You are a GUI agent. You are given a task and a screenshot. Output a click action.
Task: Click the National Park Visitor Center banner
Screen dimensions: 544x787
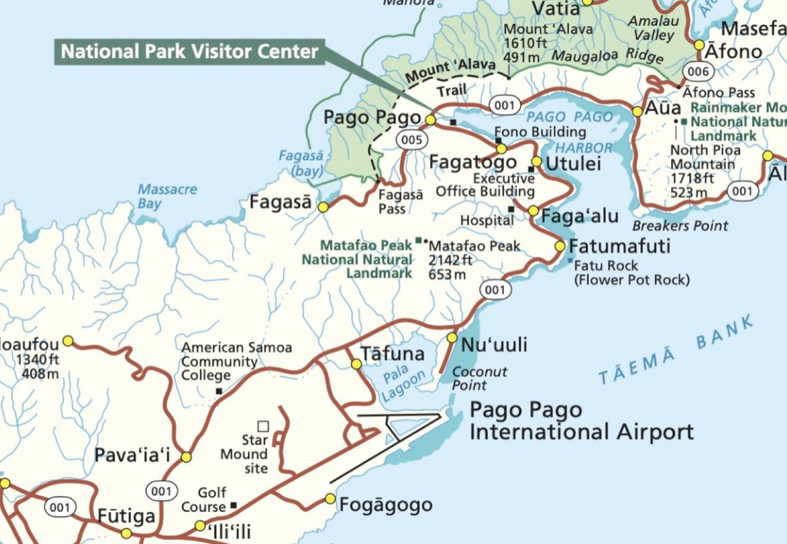(190, 52)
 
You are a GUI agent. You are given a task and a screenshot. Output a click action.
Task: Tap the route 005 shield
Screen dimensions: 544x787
(411, 140)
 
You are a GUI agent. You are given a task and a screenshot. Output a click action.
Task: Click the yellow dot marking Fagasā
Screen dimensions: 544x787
(323, 207)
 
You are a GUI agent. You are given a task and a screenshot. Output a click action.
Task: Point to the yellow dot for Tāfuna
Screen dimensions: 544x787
(356, 364)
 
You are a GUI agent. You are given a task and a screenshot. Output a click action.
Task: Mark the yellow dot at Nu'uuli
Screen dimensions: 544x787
(452, 337)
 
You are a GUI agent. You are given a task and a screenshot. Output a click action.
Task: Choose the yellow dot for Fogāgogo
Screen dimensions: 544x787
(330, 499)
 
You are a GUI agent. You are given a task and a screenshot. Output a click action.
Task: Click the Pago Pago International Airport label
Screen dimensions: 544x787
(581, 421)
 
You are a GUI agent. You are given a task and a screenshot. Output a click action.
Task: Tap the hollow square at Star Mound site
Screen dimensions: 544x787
(263, 426)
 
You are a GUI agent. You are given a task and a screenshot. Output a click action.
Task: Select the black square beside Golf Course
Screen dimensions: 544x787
(233, 506)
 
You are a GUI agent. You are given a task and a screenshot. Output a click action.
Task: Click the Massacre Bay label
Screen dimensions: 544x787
(167, 196)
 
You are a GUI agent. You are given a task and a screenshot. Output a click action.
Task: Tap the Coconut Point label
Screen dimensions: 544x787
(479, 378)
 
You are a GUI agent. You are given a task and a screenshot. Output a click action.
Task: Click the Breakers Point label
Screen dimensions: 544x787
(679, 226)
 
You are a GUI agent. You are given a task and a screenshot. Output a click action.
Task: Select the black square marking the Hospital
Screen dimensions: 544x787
(511, 209)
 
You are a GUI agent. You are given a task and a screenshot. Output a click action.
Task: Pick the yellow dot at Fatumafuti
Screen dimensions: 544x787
(560, 246)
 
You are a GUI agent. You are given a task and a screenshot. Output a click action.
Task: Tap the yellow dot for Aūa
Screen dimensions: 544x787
(637, 111)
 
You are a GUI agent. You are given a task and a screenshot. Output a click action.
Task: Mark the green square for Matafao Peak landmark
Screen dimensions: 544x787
(418, 240)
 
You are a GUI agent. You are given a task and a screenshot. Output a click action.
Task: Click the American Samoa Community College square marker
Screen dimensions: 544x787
(219, 391)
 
